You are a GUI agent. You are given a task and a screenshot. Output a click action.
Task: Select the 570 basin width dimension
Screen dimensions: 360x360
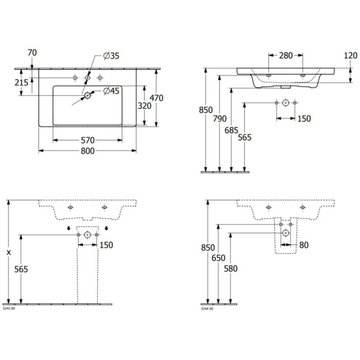tap(88, 140)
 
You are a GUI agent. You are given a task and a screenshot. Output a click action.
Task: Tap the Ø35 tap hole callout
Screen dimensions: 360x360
tap(112, 56)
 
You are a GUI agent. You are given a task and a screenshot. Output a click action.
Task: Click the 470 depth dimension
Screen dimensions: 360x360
tap(157, 98)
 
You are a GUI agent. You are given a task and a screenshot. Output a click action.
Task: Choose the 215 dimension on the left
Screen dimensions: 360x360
tap(21, 83)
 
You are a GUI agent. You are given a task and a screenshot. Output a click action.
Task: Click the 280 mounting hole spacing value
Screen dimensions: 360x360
tap(286, 56)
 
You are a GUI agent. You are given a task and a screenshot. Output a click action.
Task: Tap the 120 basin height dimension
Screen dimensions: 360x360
tap(350, 56)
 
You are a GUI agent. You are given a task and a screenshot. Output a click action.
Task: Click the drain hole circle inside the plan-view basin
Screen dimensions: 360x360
tap(88, 95)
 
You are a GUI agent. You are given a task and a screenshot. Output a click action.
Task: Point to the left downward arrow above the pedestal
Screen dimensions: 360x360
tap(68, 227)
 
